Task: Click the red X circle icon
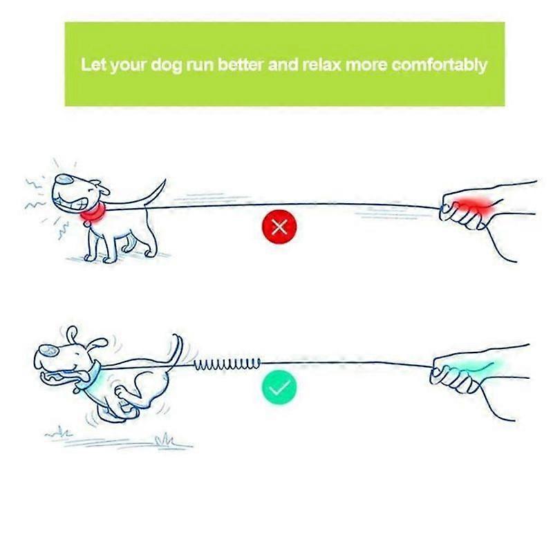coord(279,227)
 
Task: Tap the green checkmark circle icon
coord(279,388)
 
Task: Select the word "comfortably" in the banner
coord(440,65)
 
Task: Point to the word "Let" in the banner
coord(93,64)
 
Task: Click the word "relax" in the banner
coord(321,64)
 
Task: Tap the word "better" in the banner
coord(241,64)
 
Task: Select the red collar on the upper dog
coord(93,214)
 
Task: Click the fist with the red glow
coord(465,209)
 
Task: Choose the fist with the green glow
coord(459,375)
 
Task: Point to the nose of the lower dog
coord(46,351)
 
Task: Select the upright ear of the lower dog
coord(73,335)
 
